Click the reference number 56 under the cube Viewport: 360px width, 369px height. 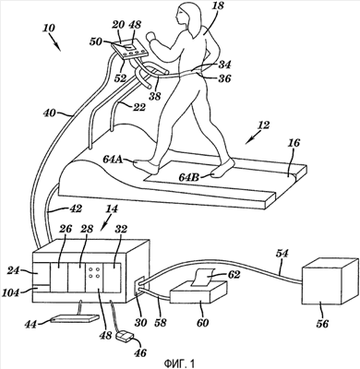pos(322,323)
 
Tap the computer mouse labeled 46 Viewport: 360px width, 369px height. pos(125,335)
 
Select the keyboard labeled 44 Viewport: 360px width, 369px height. pos(75,318)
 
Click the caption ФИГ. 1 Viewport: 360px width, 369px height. pos(179,363)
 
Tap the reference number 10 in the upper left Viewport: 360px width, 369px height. pos(48,29)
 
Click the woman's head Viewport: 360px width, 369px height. pos(187,17)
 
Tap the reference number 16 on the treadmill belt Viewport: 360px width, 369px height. pos(293,143)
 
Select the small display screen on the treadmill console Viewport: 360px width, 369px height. pos(128,47)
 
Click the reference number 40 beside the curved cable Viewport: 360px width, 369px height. pos(50,113)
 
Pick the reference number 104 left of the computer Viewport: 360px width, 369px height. pos(11,292)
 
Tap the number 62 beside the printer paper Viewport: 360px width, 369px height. pos(234,274)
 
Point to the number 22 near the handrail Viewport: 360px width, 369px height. pos(138,107)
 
